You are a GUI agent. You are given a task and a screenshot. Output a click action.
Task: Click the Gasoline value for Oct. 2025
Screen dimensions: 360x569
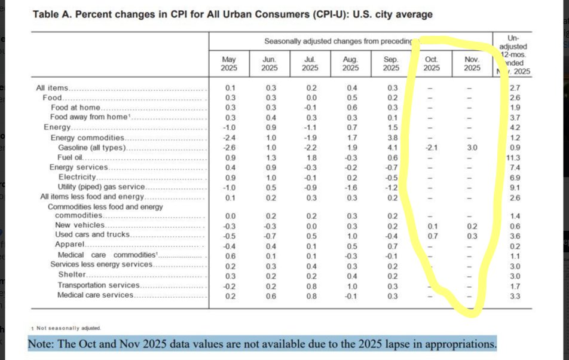click(431, 147)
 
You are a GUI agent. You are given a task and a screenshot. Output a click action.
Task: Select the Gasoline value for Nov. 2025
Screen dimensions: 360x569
click(472, 147)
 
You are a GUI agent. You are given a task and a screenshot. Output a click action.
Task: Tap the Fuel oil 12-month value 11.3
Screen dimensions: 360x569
click(513, 157)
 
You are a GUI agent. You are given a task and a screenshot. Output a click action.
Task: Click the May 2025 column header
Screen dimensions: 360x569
click(229, 63)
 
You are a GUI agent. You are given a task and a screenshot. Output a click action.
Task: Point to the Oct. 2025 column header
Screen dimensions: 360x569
click(432, 63)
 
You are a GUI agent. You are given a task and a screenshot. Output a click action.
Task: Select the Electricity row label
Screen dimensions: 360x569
click(77, 176)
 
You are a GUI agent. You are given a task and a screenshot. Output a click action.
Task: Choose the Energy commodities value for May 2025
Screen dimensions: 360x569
click(230, 137)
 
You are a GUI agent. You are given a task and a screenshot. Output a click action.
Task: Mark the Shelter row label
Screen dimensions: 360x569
click(72, 274)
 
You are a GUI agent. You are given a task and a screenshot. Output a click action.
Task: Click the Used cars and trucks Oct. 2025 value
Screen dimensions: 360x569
click(431, 235)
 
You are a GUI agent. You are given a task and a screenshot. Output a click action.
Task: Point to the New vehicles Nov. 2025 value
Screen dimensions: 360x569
click(472, 225)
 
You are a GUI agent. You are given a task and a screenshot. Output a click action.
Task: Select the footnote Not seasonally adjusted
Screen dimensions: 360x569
click(68, 328)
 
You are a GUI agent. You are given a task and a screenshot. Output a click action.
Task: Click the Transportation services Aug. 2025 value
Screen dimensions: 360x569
click(351, 285)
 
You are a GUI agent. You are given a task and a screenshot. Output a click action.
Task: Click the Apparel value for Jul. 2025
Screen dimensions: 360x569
click(310, 245)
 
